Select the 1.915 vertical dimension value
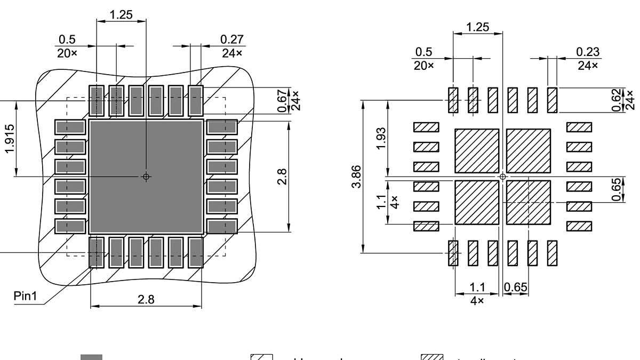10,139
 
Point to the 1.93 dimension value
381,139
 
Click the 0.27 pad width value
232,39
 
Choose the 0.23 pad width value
588,52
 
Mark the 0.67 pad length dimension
282,101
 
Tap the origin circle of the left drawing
146,177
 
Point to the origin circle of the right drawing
502,177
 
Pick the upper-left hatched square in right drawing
477,151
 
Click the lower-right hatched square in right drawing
528,202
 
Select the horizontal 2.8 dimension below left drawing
146,299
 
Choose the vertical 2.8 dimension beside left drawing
282,177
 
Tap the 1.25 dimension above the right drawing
477,27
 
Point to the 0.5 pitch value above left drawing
67,39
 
